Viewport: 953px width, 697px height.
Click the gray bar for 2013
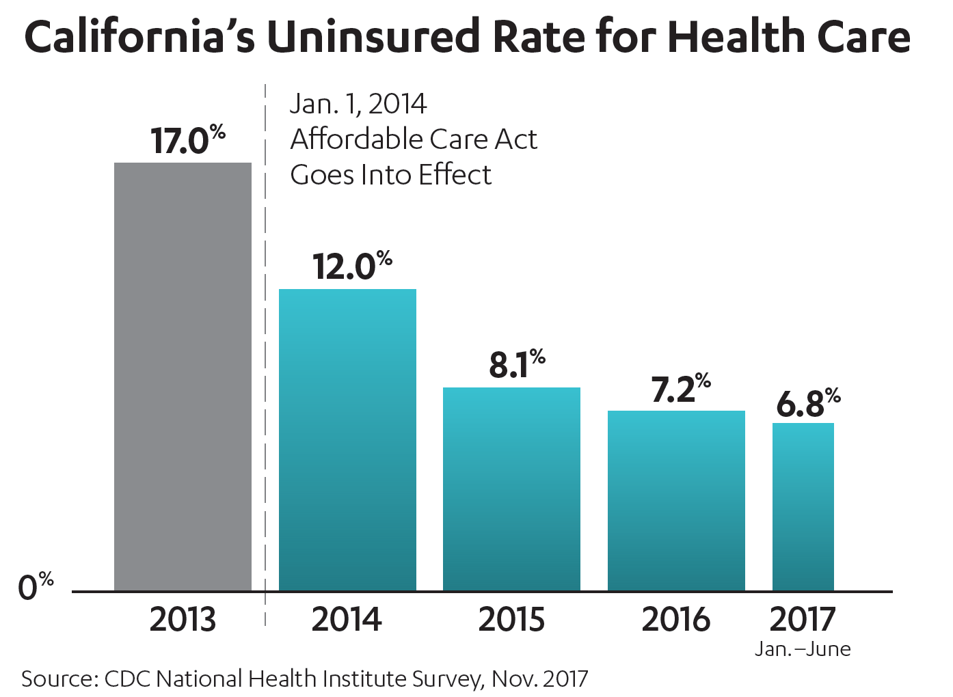tap(183, 376)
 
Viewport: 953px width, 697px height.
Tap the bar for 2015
tap(511, 489)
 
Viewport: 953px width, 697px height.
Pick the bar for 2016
tap(676, 500)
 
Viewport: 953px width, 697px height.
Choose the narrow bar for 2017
tap(803, 506)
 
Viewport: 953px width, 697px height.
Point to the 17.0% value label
tap(187, 140)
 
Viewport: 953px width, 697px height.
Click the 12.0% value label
tap(352, 266)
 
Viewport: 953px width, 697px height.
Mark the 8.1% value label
tap(517, 364)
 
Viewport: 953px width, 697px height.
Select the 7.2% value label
tap(681, 388)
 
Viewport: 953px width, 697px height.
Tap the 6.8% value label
tap(808, 403)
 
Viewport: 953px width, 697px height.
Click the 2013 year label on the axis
tap(183, 620)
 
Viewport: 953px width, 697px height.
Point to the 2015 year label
tap(511, 620)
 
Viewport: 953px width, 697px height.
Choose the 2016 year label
tap(676, 620)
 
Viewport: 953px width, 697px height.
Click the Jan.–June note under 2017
tap(803, 649)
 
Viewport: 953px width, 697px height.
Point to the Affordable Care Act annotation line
tap(414, 139)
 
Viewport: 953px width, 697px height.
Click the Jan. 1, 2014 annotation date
tap(358, 104)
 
